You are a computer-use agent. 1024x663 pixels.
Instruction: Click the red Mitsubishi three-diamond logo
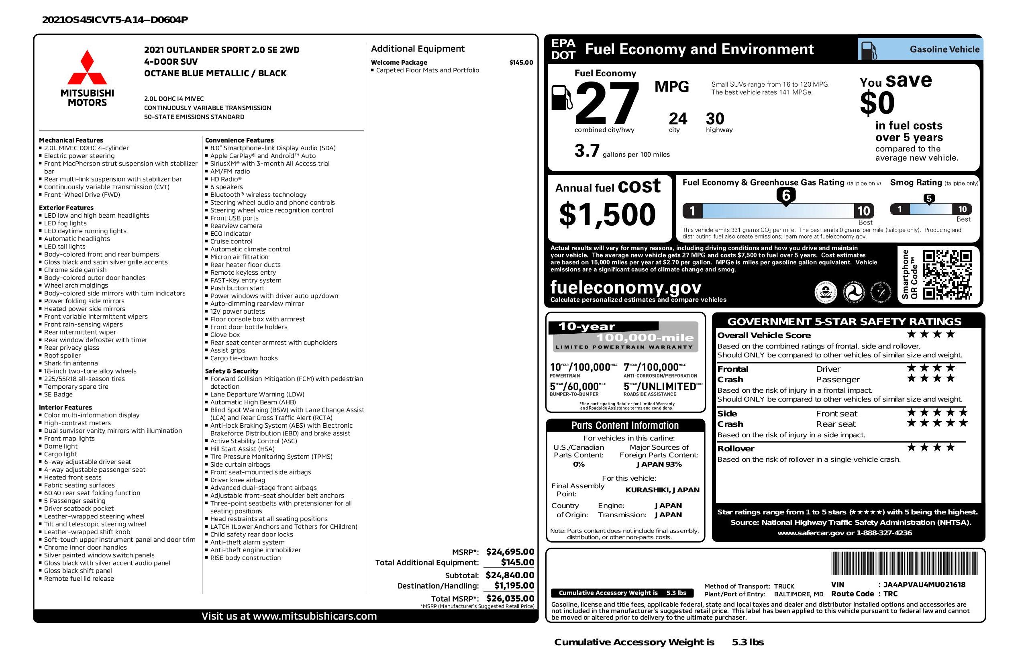87,67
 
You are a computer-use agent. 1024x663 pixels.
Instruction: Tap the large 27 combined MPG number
607,104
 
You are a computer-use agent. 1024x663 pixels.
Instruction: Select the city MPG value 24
678,119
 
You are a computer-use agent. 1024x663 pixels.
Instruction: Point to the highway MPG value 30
715,119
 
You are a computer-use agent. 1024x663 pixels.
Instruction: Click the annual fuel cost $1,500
607,215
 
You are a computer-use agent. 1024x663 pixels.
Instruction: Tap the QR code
947,275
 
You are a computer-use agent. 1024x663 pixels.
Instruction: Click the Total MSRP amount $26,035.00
510,598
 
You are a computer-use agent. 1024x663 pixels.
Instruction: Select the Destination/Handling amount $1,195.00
514,585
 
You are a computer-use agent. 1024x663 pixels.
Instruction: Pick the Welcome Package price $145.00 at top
521,62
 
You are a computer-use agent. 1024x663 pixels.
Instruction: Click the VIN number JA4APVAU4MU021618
924,585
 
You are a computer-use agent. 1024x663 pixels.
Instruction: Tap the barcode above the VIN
904,564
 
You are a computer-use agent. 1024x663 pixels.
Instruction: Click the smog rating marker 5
929,199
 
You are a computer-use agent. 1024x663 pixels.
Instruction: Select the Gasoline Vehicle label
944,49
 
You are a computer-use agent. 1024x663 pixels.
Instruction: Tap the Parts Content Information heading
625,426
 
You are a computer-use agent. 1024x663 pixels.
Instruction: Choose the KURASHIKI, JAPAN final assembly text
662,490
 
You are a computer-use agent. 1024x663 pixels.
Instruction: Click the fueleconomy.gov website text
626,287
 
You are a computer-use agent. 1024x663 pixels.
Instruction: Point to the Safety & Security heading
231,371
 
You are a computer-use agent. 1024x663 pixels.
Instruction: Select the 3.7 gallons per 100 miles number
587,151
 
